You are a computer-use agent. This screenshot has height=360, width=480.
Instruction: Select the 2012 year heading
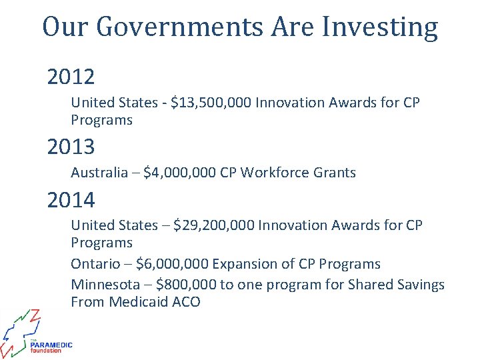tap(71, 77)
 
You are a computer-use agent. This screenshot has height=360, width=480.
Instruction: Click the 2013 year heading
tap(71, 146)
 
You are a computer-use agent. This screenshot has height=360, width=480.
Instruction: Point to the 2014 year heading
tap(71, 199)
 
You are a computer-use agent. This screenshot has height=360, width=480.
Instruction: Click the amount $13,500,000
tap(211, 103)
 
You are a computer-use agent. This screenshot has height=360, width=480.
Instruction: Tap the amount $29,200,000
tap(213, 225)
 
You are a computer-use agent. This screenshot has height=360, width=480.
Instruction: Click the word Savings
tap(420, 285)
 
